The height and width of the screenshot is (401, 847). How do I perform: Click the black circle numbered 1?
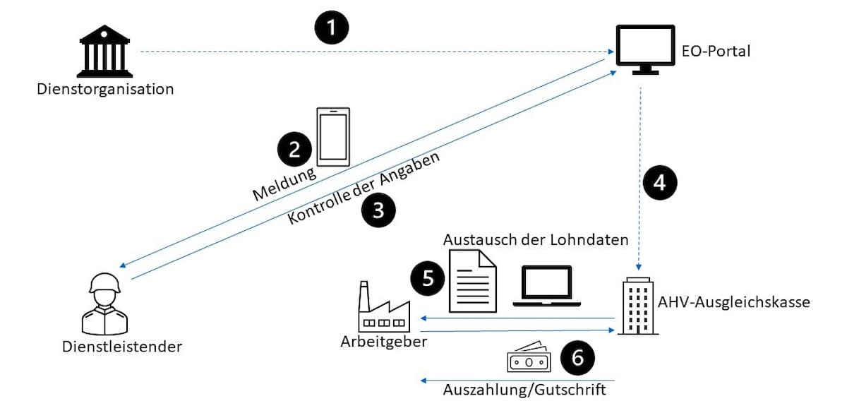[x=331, y=28]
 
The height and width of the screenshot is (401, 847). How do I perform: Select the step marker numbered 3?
[x=378, y=210]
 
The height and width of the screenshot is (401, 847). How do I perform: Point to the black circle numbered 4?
[x=659, y=182]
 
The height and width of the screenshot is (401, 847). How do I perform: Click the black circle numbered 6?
[x=577, y=359]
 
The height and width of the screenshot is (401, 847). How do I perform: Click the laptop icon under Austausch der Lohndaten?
[x=547, y=286]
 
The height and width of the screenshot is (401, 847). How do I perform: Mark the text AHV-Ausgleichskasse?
[x=733, y=302]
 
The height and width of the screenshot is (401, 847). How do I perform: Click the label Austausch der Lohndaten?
[x=536, y=239]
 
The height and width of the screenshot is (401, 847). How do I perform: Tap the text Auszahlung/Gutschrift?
[x=524, y=389]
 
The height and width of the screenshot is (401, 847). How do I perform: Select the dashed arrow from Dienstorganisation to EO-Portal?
[x=374, y=52]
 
